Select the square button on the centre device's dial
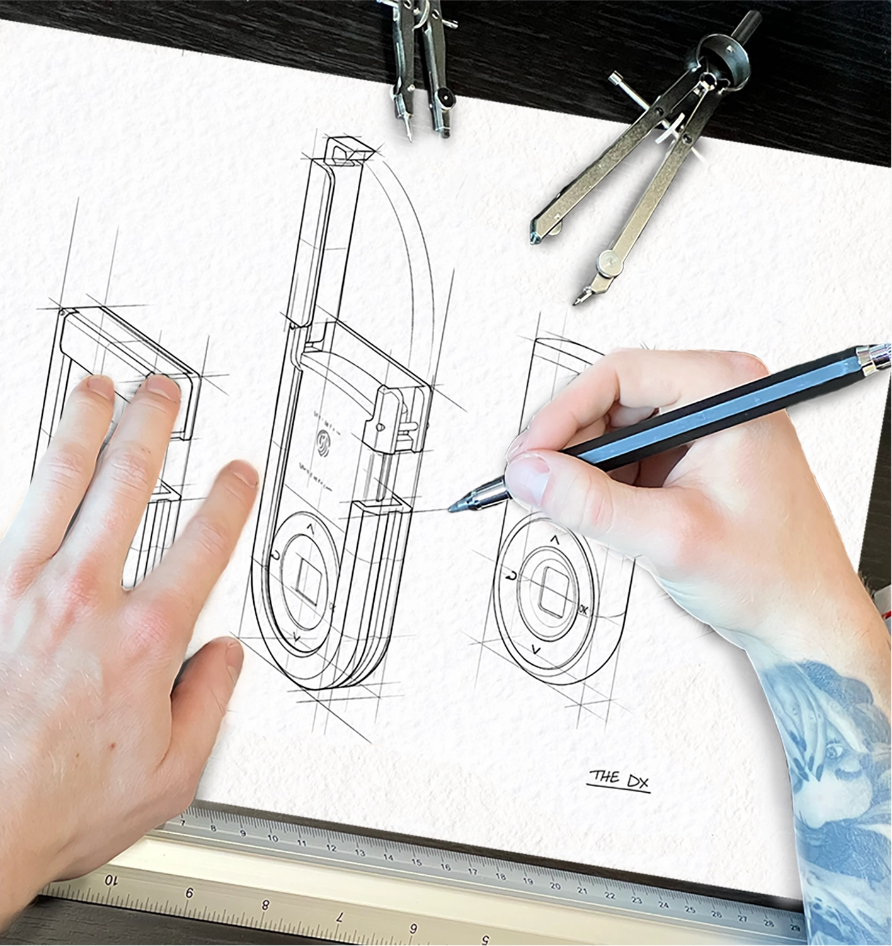[x=308, y=577]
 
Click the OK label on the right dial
[x=583, y=609]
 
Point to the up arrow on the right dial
[x=554, y=539]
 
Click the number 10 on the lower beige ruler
[x=111, y=879]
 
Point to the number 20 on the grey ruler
[x=554, y=885]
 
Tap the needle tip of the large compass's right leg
[x=576, y=302]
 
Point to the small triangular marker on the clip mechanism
[x=380, y=427]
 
